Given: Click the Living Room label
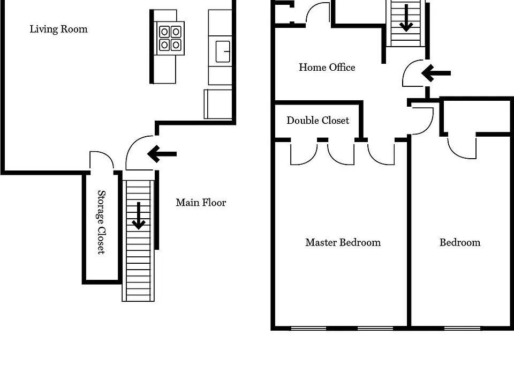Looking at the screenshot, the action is coord(59,29).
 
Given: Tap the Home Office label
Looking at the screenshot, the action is coord(327,68).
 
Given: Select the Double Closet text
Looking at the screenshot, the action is coord(318,121).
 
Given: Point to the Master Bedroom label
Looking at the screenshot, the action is coord(343,242).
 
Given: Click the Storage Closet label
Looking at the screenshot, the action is coord(102,222).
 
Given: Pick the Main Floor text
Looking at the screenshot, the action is coord(201,203).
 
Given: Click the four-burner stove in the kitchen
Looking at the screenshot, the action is coord(170,38).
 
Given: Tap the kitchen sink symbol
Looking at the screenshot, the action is coord(223,51).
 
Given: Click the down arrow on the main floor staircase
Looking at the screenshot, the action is coord(139,216).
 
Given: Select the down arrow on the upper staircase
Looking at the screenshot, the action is coord(406,18).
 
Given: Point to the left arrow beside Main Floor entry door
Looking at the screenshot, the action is coord(162,154).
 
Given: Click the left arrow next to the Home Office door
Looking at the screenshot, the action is coord(436,73).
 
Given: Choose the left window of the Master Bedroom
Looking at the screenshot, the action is coord(308,328).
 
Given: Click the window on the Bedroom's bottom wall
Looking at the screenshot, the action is coord(462,328).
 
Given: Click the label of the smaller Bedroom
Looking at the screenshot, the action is coord(460,242).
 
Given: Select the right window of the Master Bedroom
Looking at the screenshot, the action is coord(375,328).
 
